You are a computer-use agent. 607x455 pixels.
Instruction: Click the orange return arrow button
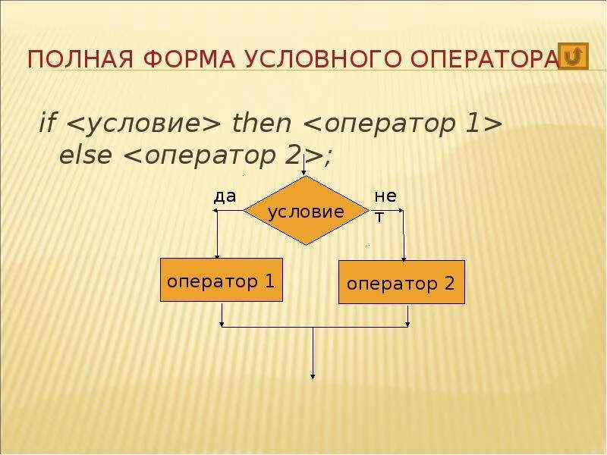(x=574, y=56)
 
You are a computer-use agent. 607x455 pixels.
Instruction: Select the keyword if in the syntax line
(x=47, y=123)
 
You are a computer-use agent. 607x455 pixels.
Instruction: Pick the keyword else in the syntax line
(x=85, y=155)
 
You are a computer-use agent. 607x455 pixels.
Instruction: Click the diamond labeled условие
(x=305, y=212)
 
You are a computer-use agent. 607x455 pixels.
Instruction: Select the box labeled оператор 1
(x=221, y=280)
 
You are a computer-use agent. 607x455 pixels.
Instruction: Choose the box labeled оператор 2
(x=401, y=283)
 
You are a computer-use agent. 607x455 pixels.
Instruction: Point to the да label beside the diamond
(x=225, y=196)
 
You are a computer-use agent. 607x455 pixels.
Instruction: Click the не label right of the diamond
(x=385, y=196)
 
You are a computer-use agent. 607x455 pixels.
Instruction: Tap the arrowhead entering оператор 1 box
(x=217, y=255)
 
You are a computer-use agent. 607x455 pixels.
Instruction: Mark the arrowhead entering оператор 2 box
(x=404, y=257)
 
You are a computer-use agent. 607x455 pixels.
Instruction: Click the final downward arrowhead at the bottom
(x=313, y=375)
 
